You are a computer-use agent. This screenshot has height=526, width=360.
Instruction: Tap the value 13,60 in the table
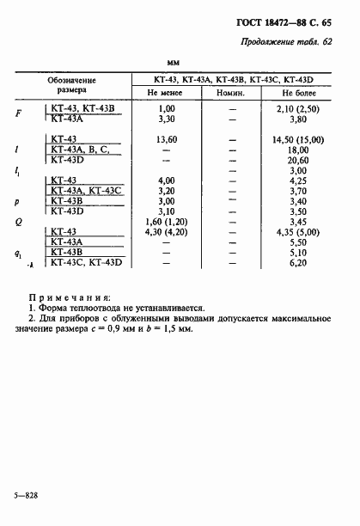[x=167, y=138]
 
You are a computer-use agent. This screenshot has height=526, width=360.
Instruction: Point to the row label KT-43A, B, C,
[x=80, y=149]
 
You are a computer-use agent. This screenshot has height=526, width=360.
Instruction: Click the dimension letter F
[x=19, y=113]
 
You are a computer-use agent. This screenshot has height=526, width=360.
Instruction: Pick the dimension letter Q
[x=19, y=221]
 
